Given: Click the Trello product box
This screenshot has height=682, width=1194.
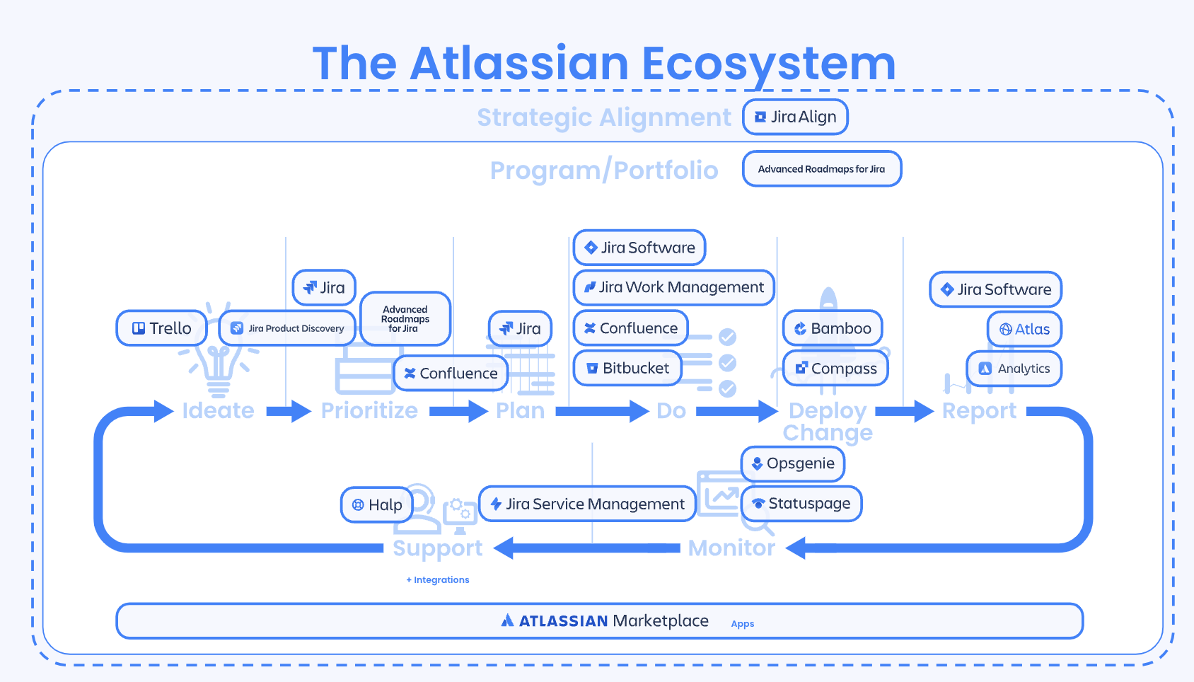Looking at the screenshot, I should tap(162, 328).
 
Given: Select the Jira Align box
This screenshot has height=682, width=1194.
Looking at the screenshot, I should tap(795, 117).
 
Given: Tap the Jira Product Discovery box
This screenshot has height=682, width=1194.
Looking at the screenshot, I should tap(287, 328).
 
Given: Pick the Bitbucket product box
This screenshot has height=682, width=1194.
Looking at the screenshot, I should tap(627, 369).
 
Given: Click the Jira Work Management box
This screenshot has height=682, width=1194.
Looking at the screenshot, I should tap(674, 287).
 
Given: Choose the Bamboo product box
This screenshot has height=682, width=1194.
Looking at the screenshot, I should tap(833, 328).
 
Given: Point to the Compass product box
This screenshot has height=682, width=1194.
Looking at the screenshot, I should tap(836, 369).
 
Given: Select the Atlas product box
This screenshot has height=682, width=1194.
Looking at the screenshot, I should tap(1024, 329).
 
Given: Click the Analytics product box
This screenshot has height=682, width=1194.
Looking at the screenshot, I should tap(1014, 369).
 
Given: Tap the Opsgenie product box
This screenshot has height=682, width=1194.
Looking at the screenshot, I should tap(793, 464).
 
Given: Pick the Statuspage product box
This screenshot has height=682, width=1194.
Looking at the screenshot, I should tap(801, 504).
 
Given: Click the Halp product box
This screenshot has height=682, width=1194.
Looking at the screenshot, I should tap(377, 505).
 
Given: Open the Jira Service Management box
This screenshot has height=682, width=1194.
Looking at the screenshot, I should tap(587, 504).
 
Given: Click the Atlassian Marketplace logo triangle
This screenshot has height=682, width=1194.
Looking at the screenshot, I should tap(507, 621).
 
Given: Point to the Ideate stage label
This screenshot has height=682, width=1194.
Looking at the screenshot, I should tap(218, 411).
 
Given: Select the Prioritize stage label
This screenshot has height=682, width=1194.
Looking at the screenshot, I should tap(369, 411).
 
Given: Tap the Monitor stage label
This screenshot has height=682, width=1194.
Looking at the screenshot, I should tap(731, 548).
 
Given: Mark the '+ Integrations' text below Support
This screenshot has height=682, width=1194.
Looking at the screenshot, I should tap(438, 580).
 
